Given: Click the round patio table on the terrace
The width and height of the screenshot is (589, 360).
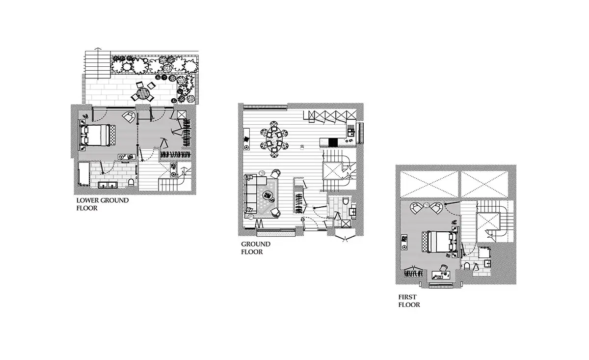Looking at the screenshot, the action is coord(143,93).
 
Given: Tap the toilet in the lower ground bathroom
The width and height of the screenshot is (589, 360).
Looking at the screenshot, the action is coord(131,182).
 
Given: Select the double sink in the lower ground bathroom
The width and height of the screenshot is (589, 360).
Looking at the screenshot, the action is coord(107,185).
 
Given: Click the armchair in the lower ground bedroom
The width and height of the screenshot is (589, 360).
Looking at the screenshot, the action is coord(129,116).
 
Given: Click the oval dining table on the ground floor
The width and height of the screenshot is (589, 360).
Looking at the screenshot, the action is coord(274,139).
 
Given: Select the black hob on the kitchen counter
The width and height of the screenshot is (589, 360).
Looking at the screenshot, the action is coord(333,142).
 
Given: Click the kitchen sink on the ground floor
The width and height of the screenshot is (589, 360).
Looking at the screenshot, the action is coord(351,131).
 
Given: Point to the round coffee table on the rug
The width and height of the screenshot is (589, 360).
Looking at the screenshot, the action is coord(268,196).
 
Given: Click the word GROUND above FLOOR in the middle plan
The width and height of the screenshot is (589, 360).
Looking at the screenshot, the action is coord(256,244).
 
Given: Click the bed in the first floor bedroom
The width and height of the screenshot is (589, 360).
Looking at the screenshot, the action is coord(440,242).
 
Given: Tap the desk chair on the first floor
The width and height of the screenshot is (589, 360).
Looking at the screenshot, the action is coord(444,268).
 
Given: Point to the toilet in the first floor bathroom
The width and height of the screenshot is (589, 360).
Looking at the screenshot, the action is coord(467,266).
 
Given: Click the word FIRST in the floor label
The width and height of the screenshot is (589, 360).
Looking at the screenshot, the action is coord(407,297).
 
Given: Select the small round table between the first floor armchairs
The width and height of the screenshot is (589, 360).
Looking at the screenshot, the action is coord(427,204).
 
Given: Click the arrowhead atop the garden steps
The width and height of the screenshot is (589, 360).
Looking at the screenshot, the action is coord(98,49).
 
